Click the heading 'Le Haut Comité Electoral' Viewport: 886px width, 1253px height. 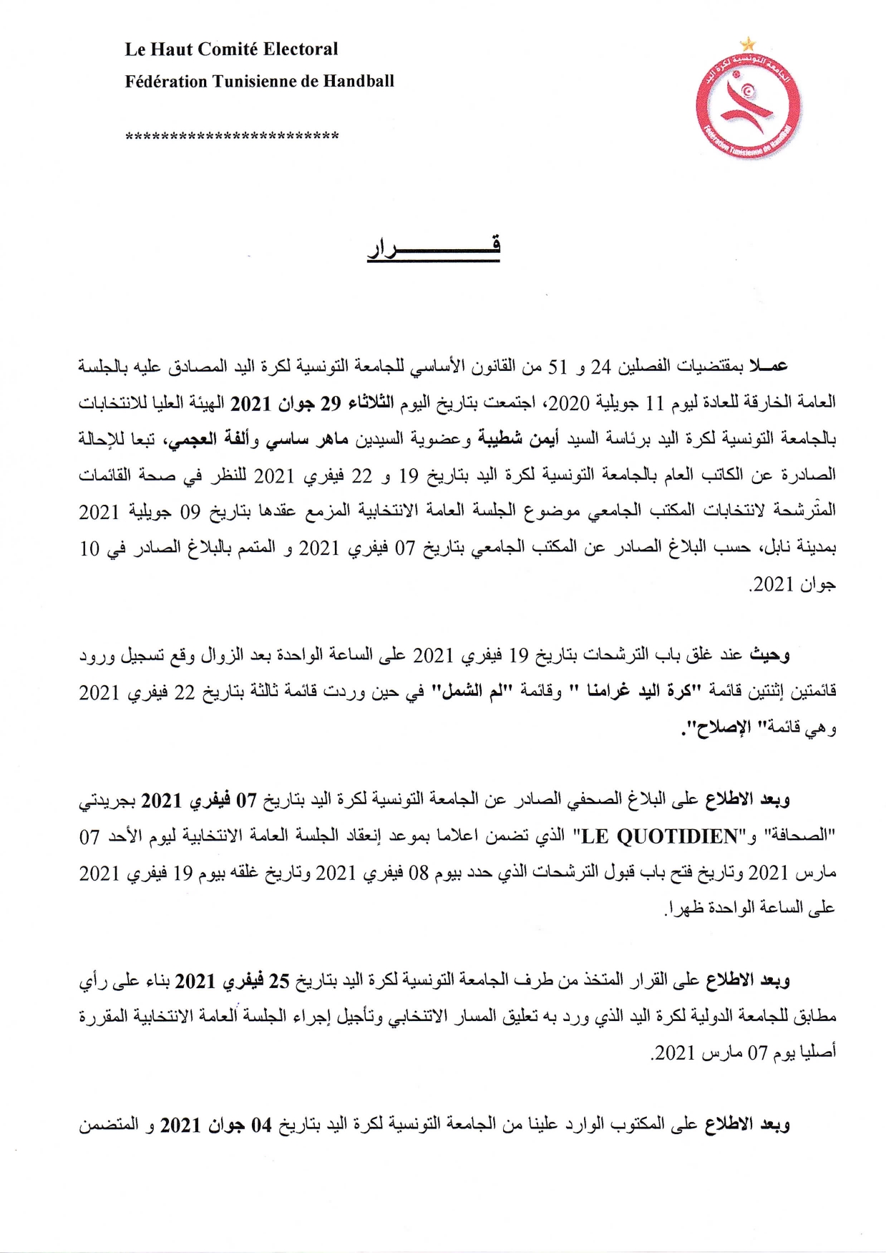[x=231, y=49]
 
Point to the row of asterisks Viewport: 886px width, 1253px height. [x=232, y=136]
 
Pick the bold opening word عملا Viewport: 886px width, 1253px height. [x=768, y=366]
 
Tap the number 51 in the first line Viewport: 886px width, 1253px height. [x=557, y=367]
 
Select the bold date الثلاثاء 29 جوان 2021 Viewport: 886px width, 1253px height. [x=311, y=403]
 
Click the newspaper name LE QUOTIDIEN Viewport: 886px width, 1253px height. [x=660, y=836]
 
